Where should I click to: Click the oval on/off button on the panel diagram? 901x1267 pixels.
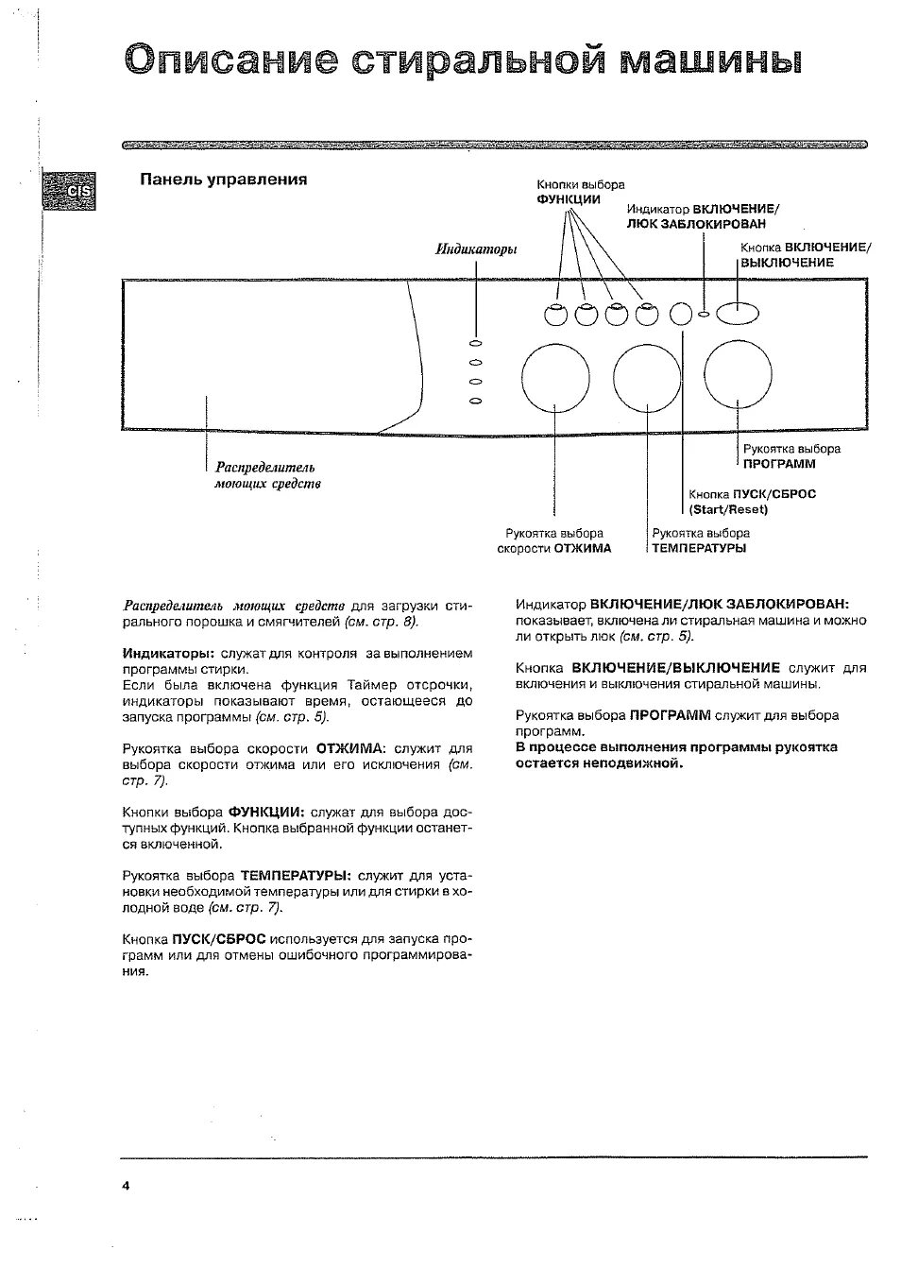[738, 313]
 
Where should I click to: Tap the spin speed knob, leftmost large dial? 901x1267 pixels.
[554, 378]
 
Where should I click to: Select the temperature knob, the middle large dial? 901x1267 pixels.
[647, 378]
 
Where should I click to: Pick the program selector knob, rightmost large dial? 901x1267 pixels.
[738, 378]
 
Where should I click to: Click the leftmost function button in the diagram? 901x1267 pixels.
[556, 314]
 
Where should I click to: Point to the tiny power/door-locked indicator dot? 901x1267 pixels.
[705, 314]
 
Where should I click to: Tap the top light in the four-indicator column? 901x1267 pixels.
[476, 343]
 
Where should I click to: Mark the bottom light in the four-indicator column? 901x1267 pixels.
[476, 401]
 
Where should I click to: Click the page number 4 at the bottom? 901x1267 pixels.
[125, 1186]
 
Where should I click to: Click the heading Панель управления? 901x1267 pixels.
[224, 180]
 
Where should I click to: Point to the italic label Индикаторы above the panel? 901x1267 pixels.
[476, 249]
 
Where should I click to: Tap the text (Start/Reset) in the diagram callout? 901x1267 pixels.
[728, 509]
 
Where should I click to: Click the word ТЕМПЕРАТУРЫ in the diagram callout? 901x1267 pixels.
[699, 548]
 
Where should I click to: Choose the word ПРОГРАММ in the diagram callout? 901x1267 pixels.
[778, 464]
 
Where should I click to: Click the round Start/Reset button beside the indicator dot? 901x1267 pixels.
[681, 314]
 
